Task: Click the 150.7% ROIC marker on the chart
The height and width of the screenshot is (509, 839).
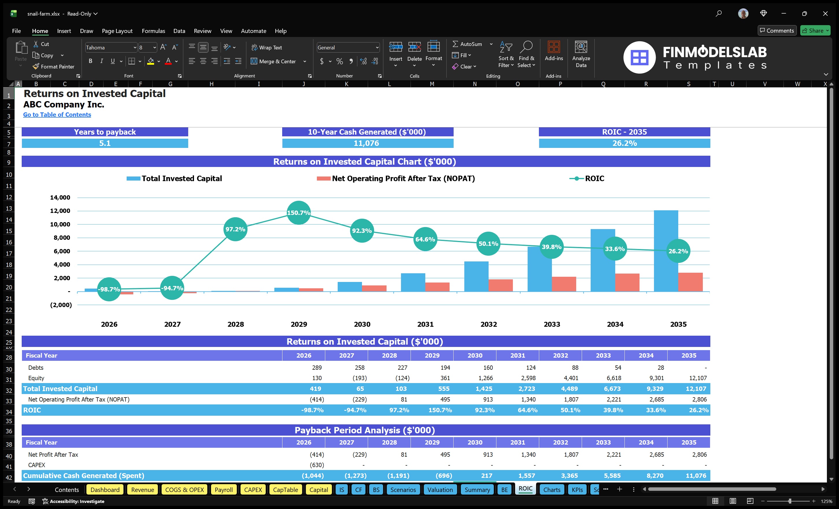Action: coord(299,213)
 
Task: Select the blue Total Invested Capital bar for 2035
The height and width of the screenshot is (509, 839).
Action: coord(666,238)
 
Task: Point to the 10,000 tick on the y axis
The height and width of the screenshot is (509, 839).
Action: coord(60,224)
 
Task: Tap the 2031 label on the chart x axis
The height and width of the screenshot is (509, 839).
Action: coord(425,324)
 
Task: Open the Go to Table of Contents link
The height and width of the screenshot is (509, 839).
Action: coord(57,115)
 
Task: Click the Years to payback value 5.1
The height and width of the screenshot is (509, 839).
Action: coord(105,143)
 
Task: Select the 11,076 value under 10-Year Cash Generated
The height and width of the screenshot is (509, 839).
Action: coord(366,143)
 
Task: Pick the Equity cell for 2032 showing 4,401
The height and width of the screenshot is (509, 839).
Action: coord(571,378)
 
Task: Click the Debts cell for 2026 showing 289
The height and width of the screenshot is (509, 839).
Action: coord(317,367)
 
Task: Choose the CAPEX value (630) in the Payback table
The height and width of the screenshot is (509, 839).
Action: coord(317,465)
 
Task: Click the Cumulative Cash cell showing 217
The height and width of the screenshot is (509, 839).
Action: coord(487,476)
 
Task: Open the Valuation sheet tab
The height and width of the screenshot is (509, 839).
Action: coord(440,490)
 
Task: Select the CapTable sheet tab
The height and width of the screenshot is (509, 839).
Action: coord(285,490)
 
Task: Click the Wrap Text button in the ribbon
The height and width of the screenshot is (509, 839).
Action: coord(267,48)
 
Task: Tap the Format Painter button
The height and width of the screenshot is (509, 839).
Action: coord(53,67)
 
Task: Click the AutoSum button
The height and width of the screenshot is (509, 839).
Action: coord(467,44)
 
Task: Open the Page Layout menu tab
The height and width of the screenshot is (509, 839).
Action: coord(117,31)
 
